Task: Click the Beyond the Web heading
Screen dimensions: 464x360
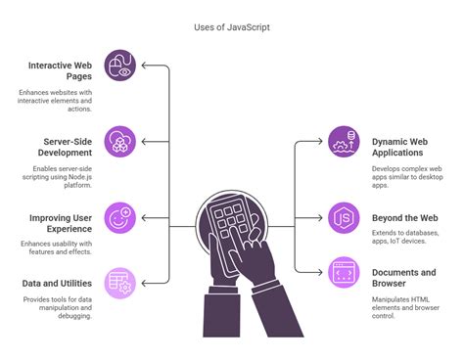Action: tap(404, 217)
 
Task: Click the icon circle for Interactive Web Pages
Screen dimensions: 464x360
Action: tap(119, 67)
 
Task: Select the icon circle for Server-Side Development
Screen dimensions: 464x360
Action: tap(119, 142)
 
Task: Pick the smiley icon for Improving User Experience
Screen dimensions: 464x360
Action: tap(119, 217)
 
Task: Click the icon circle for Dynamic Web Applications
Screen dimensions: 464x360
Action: tap(344, 142)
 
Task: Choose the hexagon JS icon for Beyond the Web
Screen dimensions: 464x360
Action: tap(344, 217)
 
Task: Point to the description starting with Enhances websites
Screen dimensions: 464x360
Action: tap(56, 102)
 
